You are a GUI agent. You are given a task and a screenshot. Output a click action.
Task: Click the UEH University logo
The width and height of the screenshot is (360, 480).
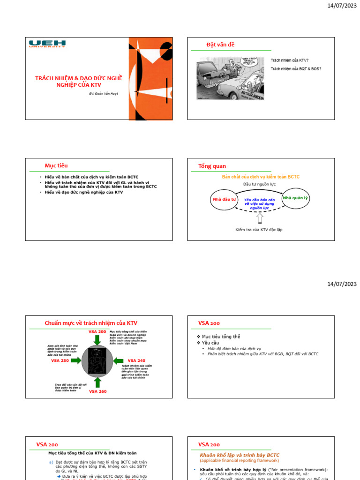(x=47, y=44)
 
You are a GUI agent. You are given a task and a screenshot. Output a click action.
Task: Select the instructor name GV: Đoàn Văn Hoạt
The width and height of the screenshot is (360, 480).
(x=104, y=93)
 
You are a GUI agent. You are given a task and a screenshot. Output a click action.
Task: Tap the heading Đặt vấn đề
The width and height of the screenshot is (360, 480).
(x=220, y=45)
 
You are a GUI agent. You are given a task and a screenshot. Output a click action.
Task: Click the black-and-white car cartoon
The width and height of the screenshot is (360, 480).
(x=230, y=78)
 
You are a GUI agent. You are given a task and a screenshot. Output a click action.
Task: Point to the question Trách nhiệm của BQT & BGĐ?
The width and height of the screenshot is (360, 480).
(x=296, y=69)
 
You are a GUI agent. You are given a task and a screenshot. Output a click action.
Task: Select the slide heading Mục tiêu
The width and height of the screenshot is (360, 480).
(x=56, y=165)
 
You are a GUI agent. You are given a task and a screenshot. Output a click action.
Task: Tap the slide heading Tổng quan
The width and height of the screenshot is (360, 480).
(x=212, y=166)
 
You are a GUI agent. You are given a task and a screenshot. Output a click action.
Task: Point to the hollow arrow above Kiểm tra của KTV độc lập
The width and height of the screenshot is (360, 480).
(x=260, y=218)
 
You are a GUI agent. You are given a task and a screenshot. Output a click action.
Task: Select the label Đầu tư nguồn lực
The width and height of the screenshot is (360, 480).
(x=259, y=184)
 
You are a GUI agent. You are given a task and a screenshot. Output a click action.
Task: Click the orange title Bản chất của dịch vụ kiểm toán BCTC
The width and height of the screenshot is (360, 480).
(x=260, y=177)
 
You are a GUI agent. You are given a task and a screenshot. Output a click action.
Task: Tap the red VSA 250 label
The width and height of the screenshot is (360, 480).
(x=60, y=360)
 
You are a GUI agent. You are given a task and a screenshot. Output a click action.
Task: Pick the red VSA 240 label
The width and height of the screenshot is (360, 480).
(x=136, y=360)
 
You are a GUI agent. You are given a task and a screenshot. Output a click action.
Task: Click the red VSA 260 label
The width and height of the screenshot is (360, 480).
(x=98, y=391)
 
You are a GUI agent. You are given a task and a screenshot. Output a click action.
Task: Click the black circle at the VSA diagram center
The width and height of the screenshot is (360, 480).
(x=97, y=360)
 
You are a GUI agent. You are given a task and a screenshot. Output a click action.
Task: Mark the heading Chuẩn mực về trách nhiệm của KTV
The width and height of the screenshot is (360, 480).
(x=91, y=323)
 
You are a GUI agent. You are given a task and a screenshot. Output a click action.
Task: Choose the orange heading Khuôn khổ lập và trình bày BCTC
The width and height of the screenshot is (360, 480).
(x=246, y=455)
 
